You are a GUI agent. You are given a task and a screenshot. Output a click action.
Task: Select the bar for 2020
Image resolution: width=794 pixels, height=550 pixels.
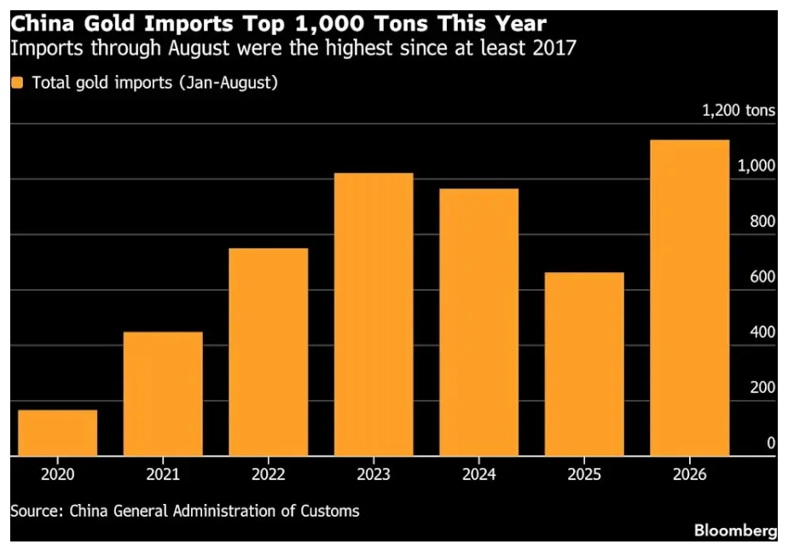tap(58, 432)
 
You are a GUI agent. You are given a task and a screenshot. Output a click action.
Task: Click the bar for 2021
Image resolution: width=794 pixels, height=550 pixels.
tap(163, 393)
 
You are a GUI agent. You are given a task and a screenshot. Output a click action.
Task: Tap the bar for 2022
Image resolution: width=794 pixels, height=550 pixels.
tap(269, 352)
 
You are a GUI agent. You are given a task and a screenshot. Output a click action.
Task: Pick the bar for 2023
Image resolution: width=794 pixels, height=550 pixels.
tap(374, 315)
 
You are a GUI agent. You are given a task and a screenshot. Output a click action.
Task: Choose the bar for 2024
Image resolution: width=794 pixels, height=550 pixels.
tap(479, 322)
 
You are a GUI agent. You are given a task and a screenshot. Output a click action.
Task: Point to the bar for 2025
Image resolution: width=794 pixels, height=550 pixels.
tap(584, 364)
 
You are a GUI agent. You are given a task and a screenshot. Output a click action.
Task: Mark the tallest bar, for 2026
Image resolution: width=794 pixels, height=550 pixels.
tap(690, 298)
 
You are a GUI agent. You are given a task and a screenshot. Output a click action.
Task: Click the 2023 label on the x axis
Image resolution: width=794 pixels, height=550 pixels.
tap(374, 475)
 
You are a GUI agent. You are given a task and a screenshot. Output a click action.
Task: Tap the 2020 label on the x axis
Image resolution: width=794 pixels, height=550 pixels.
tap(58, 475)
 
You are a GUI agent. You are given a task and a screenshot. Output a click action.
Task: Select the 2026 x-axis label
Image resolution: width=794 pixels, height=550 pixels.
tap(690, 475)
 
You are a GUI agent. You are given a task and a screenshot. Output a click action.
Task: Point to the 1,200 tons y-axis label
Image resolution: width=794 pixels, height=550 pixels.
tap(739, 110)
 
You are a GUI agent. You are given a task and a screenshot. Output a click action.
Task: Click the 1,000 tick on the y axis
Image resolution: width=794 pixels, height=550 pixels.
tap(756, 165)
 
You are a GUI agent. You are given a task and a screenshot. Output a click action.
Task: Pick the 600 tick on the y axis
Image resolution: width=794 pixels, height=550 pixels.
tap(762, 276)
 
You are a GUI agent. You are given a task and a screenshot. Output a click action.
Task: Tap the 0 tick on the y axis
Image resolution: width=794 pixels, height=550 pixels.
tap(771, 443)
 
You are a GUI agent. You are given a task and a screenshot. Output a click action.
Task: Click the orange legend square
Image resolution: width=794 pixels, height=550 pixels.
tap(17, 83)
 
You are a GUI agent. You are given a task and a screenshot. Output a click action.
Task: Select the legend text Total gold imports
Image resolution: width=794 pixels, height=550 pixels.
tap(102, 83)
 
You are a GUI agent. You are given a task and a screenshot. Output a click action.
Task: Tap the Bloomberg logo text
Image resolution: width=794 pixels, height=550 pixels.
tap(735, 530)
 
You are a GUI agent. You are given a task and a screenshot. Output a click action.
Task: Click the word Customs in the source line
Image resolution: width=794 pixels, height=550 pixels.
tap(330, 511)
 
